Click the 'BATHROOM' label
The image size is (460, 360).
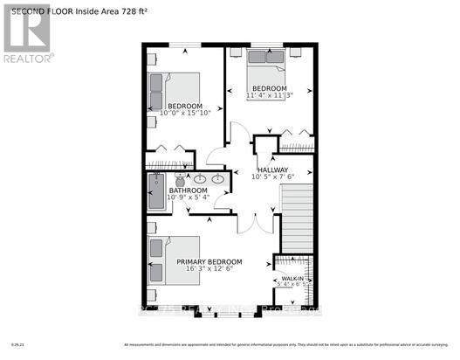[x=188, y=190]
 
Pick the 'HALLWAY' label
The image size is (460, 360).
[x=271, y=170]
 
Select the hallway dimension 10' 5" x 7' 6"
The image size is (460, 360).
[x=271, y=177]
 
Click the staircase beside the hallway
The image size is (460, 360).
[x=298, y=218]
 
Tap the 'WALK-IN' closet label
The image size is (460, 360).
[x=292, y=277]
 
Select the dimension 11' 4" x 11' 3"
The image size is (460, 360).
[x=270, y=97]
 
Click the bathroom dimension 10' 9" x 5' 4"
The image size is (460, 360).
[x=188, y=198]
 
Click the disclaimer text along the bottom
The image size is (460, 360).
[x=288, y=345]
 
